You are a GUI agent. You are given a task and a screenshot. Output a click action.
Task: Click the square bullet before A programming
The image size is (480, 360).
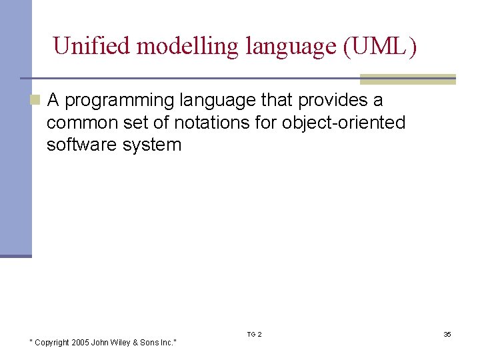[36, 101]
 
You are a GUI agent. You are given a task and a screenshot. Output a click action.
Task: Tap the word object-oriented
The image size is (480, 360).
[344, 123]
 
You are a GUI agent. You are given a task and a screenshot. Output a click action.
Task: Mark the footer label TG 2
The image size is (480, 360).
[254, 334]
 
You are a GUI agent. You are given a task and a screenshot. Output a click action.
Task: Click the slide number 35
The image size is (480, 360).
[447, 334]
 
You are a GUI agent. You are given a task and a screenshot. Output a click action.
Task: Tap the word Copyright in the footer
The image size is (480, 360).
[52, 343]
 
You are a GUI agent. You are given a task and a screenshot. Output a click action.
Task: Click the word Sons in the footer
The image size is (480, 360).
[153, 343]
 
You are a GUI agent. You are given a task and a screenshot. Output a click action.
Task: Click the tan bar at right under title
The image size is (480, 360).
[408, 79]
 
